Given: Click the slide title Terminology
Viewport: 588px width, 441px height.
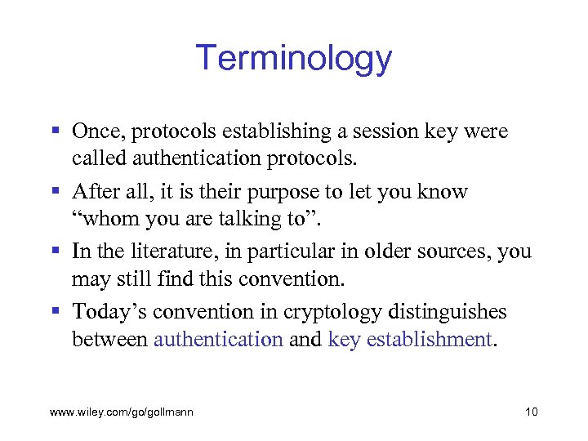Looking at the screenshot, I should coord(294,59).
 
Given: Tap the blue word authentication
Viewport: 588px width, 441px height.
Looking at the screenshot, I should coord(218,339).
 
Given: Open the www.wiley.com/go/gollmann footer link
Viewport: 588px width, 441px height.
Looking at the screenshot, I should coord(122,412).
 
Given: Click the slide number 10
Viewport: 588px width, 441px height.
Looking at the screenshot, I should coord(532,412).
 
